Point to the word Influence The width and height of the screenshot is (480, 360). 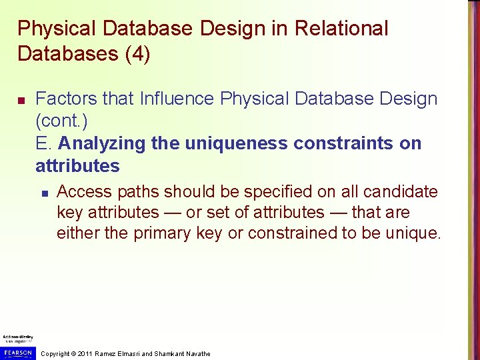click(x=177, y=99)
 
